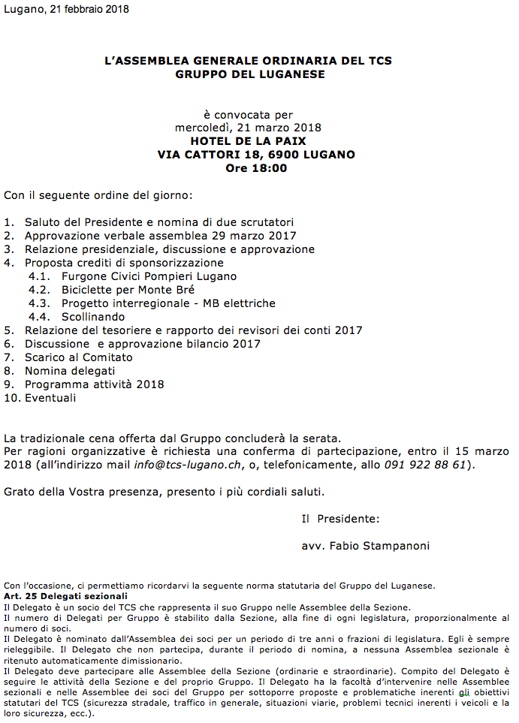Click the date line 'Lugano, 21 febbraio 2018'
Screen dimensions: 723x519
tap(67, 10)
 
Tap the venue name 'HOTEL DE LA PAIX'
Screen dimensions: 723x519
tap(249, 141)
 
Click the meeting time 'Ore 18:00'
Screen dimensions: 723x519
tap(256, 168)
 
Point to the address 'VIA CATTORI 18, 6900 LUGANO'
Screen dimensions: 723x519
tap(256, 155)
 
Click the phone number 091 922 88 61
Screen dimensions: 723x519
tap(425, 465)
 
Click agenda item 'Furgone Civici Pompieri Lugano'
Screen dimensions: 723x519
tap(149, 276)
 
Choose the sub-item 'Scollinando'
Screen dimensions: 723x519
tap(94, 317)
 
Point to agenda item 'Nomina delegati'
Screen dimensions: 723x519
tap(70, 371)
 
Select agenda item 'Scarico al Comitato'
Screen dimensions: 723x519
tap(79, 357)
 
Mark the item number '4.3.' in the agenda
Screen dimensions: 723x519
tap(39, 303)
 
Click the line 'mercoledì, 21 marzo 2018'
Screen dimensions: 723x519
tap(249, 128)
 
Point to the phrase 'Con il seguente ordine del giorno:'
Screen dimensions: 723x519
tap(98, 195)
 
